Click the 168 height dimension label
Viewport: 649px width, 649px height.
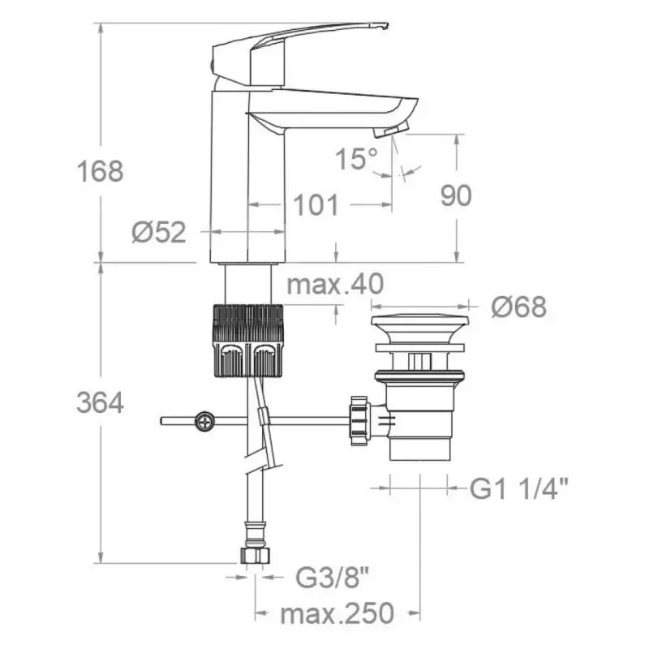100,171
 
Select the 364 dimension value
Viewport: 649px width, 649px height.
100,402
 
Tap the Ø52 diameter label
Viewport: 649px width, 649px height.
159,232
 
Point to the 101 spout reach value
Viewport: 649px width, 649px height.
316,205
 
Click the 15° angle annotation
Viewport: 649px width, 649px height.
356,158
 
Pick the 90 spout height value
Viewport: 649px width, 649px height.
456,196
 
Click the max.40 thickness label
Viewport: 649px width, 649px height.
335,284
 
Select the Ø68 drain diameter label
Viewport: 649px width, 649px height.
519,307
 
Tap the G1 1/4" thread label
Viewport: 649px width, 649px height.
518,488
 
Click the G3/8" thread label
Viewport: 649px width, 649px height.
332,578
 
